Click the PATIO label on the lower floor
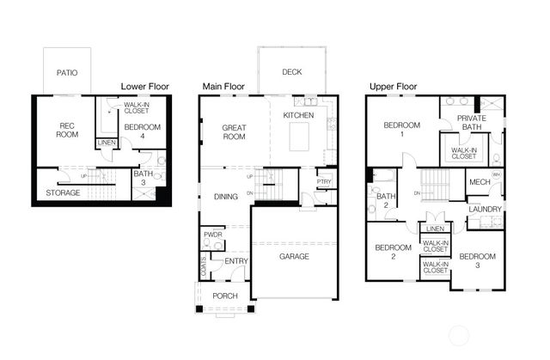[x=67, y=73]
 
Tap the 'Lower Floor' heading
[x=145, y=87]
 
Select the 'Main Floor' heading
[x=223, y=87]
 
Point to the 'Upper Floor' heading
[x=394, y=87]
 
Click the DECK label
[x=292, y=72]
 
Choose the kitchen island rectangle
[x=299, y=137]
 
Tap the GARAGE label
[x=294, y=257]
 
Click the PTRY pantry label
[x=324, y=181]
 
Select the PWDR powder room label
[x=213, y=235]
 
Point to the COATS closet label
[x=204, y=266]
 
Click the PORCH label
[x=225, y=296]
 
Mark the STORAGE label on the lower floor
[x=63, y=192]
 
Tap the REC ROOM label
[x=67, y=130]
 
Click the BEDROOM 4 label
[x=143, y=131]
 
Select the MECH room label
[x=480, y=182]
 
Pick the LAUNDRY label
[x=485, y=210]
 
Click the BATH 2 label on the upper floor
[x=386, y=200]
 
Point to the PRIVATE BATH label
[x=472, y=122]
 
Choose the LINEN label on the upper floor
[x=436, y=229]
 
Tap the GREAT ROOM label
[x=234, y=132]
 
